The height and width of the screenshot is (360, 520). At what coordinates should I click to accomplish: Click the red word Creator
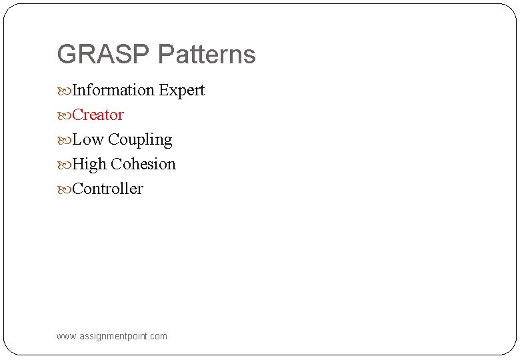coord(98,115)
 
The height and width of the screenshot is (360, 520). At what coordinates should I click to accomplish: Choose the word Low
coord(87,139)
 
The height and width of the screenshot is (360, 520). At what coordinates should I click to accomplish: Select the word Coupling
coord(140,140)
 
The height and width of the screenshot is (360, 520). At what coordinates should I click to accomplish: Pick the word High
coord(89,165)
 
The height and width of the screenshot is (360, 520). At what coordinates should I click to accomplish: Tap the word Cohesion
coord(143,164)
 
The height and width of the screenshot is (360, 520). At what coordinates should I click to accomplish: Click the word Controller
coord(107,189)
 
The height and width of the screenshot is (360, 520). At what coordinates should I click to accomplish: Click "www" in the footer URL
coord(67,337)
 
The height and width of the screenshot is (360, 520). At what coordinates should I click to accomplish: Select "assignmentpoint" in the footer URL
coord(115,337)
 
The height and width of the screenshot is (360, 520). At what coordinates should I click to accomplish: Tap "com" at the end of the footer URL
coord(159,337)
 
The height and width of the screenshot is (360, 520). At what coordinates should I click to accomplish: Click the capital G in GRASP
coord(67,55)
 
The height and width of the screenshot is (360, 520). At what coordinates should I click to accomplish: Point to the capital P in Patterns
coord(165,55)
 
